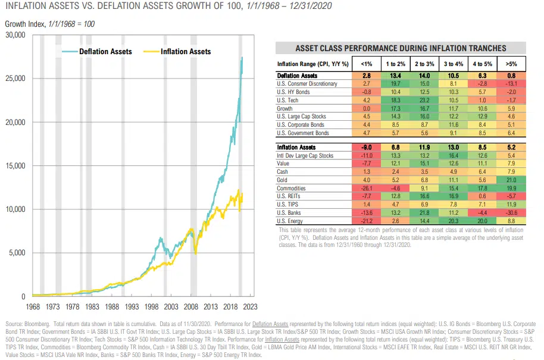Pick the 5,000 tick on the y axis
pyautogui.click(x=17, y=253)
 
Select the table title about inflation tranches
pyautogui.click(x=401, y=48)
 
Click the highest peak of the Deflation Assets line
pyautogui.click(x=242, y=57)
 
